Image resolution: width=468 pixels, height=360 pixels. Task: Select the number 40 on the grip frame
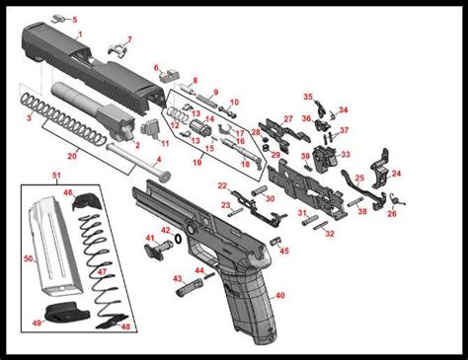click(280, 295)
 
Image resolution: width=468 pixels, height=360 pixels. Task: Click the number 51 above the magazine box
click(57, 175)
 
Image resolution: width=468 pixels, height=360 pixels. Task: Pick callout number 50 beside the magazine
click(30, 258)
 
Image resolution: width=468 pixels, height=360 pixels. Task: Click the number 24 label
click(397, 174)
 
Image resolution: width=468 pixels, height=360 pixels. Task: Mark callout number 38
click(362, 211)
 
